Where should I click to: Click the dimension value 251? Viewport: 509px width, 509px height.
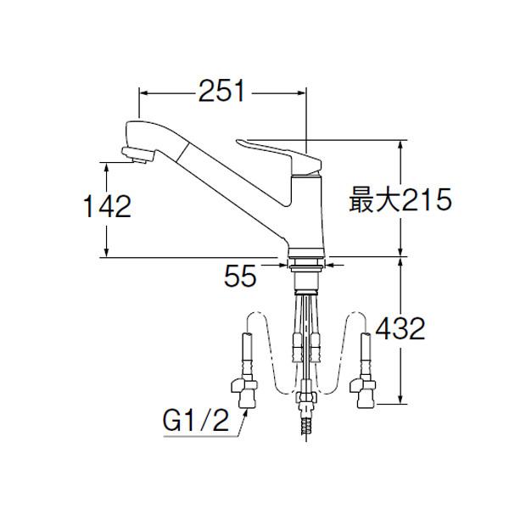221,91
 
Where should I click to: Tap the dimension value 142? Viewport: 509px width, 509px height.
108,206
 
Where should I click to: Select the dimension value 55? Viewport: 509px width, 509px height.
240,277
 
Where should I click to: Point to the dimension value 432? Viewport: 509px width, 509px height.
400,328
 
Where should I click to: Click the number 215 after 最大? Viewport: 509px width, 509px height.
427,200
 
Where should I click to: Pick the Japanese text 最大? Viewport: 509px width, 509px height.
375,200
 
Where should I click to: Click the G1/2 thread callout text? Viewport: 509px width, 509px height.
196,421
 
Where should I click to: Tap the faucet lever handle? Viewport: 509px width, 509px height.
279,157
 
